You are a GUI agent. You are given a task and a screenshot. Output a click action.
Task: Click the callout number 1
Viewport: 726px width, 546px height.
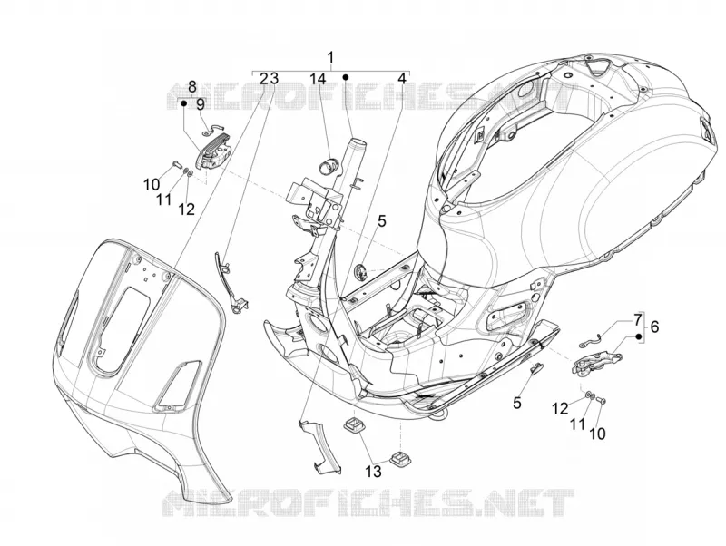[330, 58]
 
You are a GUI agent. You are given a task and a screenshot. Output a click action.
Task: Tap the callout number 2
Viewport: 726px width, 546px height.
[264, 79]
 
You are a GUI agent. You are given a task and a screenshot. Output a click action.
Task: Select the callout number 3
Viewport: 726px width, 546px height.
[274, 79]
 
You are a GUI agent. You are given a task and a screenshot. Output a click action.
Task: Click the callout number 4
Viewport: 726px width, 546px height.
[402, 79]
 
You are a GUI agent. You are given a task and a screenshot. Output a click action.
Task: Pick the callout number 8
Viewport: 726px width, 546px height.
[192, 86]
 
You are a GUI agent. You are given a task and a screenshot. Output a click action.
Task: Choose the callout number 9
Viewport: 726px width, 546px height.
[201, 104]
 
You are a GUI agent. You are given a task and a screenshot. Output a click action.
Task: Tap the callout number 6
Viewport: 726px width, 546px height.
[654, 327]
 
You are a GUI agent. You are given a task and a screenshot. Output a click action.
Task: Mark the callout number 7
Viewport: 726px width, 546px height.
[638, 319]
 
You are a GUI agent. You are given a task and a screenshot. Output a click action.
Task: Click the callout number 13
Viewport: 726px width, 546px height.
[373, 472]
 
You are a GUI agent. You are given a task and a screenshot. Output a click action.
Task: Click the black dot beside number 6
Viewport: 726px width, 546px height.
[639, 337]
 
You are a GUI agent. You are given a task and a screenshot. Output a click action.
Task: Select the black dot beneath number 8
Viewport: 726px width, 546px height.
[184, 103]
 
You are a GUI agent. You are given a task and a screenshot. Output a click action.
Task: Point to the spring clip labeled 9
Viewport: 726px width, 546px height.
[214, 130]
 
